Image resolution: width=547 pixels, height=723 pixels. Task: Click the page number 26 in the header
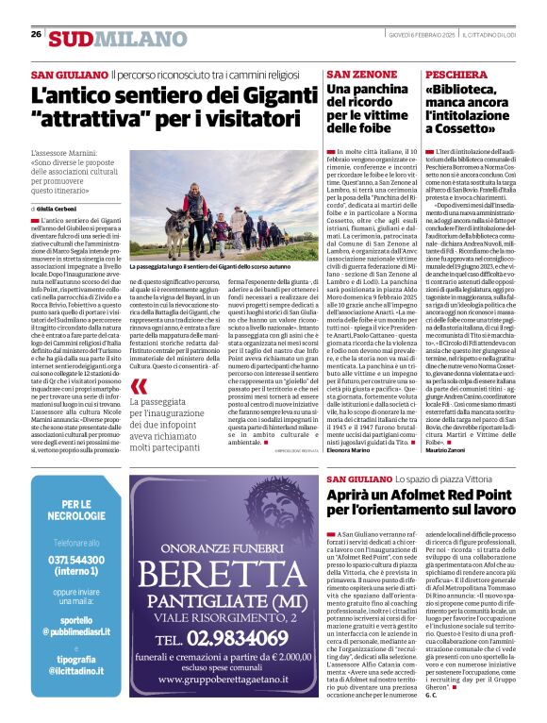point(36,34)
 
